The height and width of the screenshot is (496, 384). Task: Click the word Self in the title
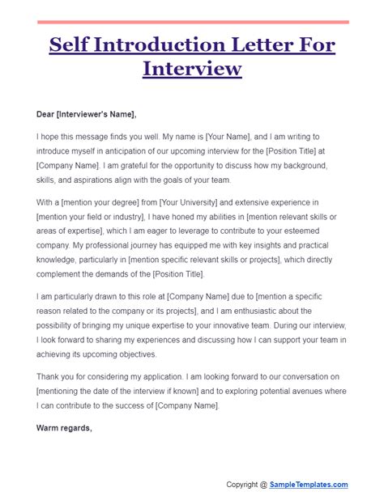click(x=68, y=43)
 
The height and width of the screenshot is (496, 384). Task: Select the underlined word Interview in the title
click(x=192, y=68)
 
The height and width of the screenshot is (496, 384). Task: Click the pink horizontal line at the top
click(x=192, y=22)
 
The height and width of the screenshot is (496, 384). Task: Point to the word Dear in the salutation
click(x=49, y=113)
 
